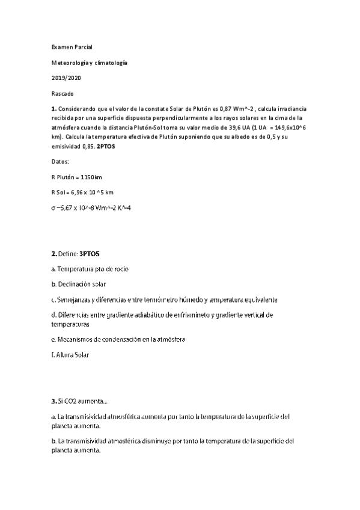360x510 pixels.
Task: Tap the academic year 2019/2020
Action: pos(66,78)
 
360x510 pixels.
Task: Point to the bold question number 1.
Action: pos(54,109)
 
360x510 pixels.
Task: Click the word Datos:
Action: pos(61,162)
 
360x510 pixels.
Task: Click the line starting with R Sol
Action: pos(82,192)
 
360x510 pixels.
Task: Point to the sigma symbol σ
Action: pos(54,208)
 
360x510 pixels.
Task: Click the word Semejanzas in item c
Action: pos(75,300)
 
